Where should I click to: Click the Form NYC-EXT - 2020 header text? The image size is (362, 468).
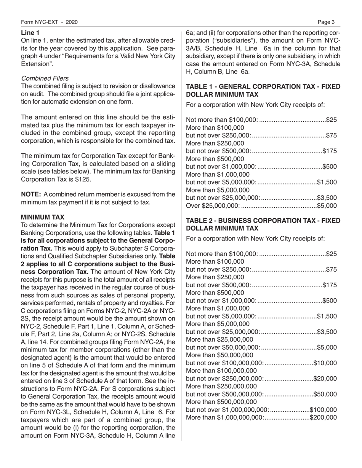49,22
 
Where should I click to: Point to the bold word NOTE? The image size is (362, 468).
31,194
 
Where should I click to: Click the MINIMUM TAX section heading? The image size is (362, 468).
43,217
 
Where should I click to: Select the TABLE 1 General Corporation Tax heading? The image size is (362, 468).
263,90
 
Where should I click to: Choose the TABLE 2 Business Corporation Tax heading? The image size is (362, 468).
263,224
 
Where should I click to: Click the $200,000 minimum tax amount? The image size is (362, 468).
324,417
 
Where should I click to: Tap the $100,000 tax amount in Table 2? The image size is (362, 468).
324,409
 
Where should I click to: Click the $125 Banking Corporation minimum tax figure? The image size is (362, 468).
83,178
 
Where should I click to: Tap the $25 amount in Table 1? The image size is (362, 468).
332,120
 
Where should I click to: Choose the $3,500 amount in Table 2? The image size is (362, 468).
327,331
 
